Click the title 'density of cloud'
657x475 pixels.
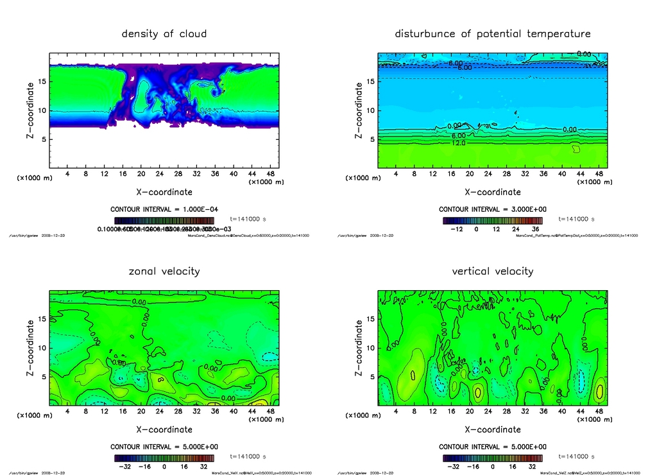(x=164, y=33)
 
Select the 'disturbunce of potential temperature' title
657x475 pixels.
(x=493, y=33)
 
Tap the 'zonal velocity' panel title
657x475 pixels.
(x=164, y=271)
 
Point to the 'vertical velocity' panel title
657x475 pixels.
(x=493, y=271)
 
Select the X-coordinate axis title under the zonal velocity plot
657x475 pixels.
(x=164, y=429)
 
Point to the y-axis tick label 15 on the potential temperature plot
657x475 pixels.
(x=370, y=82)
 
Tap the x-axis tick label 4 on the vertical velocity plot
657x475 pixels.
(x=396, y=411)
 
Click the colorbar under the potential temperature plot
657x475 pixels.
(x=492, y=220)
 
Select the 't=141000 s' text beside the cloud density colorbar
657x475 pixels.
(x=247, y=219)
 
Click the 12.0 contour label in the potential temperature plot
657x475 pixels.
(x=459, y=143)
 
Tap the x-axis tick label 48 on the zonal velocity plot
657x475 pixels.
(x=270, y=411)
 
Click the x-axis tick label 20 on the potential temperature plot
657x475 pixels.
(x=470, y=173)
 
